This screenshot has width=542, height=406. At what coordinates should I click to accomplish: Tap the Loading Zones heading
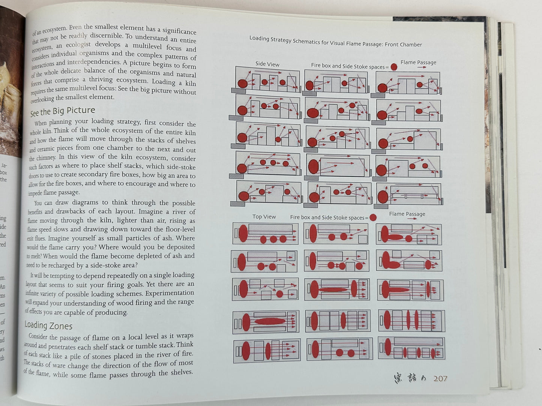pyautogui.click(x=48, y=325)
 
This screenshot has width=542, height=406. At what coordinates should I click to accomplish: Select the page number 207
pyautogui.click(x=440, y=378)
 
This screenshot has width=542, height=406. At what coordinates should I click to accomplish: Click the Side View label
pyautogui.click(x=267, y=64)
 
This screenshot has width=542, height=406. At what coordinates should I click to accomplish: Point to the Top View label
pyautogui.click(x=264, y=217)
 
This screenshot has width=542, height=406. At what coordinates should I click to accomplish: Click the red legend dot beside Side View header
pyautogui.click(x=394, y=67)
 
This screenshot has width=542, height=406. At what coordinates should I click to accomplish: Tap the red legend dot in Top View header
pyautogui.click(x=373, y=218)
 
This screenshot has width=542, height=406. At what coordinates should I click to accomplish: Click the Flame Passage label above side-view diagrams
pyautogui.click(x=418, y=63)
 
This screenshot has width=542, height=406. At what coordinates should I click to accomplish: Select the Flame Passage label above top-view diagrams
pyautogui.click(x=407, y=214)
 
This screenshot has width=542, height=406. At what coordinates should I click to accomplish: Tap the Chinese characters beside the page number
pyautogui.click(x=410, y=378)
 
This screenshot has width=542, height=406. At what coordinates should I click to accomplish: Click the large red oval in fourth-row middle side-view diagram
pyautogui.click(x=313, y=166)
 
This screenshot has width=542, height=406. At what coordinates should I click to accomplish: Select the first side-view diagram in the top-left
pyautogui.click(x=267, y=79)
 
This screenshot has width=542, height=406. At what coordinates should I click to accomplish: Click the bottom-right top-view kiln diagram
pyautogui.click(x=411, y=348)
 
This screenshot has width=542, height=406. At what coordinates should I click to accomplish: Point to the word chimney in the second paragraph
pyautogui.click(x=46, y=158)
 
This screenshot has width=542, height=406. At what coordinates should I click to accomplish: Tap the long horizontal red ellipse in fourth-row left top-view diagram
pyautogui.click(x=270, y=321)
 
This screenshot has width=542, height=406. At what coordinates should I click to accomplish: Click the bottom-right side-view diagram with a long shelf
pyautogui.click(x=408, y=194)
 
